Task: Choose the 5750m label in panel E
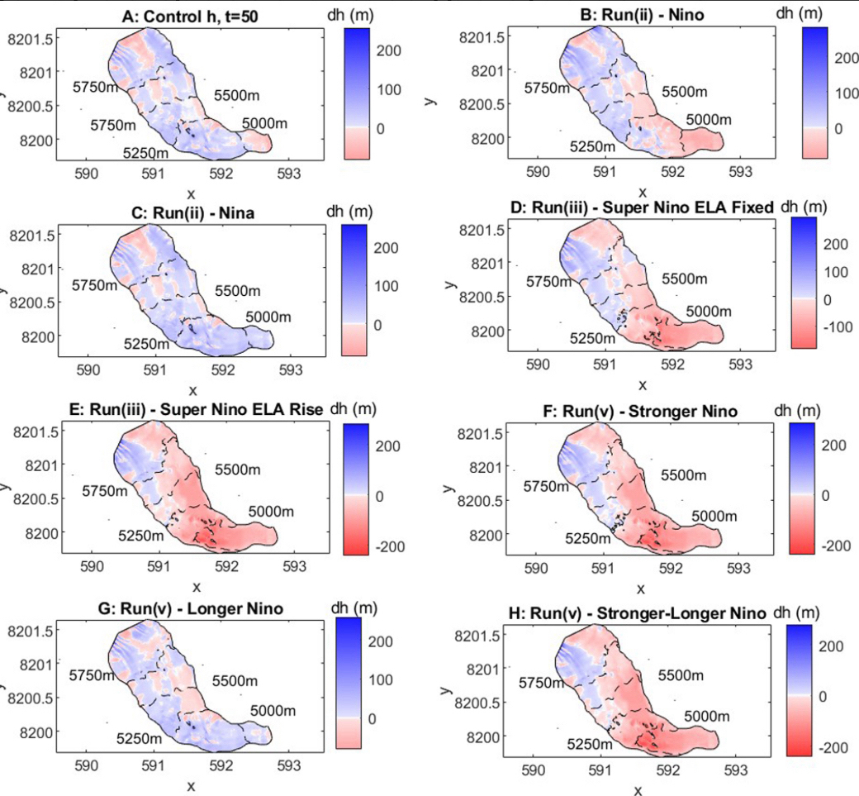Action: [x=106, y=491]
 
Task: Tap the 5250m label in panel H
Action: [x=590, y=744]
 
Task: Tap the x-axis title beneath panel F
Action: [x=640, y=589]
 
